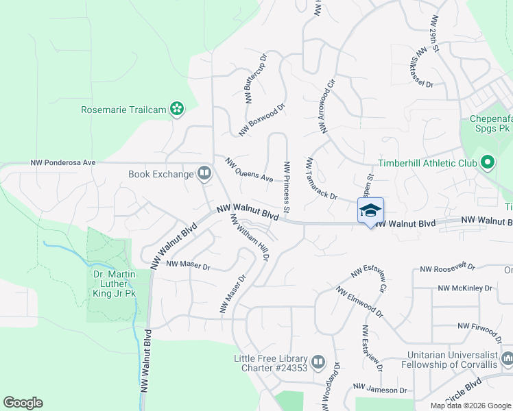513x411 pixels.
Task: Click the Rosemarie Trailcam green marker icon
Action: click(x=178, y=108)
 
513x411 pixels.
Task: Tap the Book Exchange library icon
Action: click(x=204, y=174)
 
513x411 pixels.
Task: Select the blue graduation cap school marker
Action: click(x=370, y=210)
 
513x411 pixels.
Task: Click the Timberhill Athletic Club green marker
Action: click(x=488, y=163)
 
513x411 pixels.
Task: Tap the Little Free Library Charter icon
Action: click(x=318, y=361)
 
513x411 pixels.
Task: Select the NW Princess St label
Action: click(x=287, y=186)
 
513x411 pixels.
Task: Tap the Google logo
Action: click(x=23, y=403)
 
